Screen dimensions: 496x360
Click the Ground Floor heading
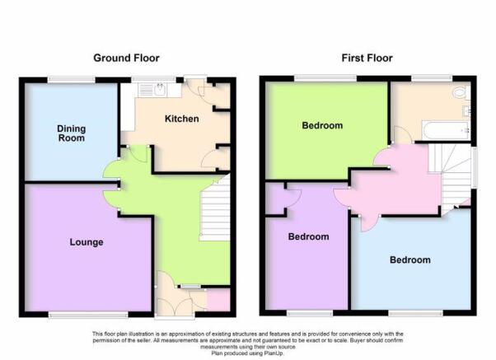pos(126,58)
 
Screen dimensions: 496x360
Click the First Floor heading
pos(367,58)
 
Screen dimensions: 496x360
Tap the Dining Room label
pos(72,133)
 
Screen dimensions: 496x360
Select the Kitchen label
pos(182,119)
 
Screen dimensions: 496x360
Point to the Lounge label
pos(87,242)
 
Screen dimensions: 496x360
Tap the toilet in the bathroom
pos(462,93)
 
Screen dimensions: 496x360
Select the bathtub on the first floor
pos(446,130)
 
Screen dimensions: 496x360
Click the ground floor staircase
pos(214,209)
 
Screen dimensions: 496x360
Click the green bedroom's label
pos(322,125)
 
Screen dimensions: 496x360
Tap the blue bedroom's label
pos(410,260)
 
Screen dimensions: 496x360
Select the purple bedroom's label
pos(308,236)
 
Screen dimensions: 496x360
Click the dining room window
pos(72,80)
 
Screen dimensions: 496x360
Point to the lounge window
pos(88,315)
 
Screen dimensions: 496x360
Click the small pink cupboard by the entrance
pos(218,300)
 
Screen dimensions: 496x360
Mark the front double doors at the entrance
pos(175,307)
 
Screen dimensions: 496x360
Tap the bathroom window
pos(432,78)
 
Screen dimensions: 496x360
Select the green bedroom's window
pos(325,78)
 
